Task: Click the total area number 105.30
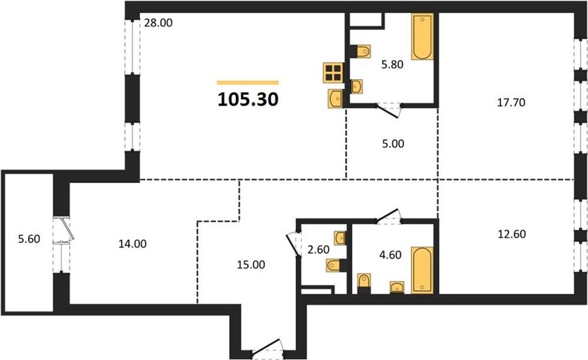248,99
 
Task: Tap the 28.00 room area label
158,23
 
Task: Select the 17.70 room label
511,103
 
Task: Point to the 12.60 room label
512,234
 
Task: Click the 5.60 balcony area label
29,238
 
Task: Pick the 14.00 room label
133,244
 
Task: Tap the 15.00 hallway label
251,265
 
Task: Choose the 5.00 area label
393,144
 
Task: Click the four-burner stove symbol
333,73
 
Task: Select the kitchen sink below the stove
335,99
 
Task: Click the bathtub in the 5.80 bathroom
422,37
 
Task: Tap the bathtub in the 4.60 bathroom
422,270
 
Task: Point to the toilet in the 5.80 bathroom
361,51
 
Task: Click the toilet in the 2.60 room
336,265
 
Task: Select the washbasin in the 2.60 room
340,238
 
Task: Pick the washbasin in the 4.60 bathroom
397,287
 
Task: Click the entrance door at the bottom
267,347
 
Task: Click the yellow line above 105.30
248,82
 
